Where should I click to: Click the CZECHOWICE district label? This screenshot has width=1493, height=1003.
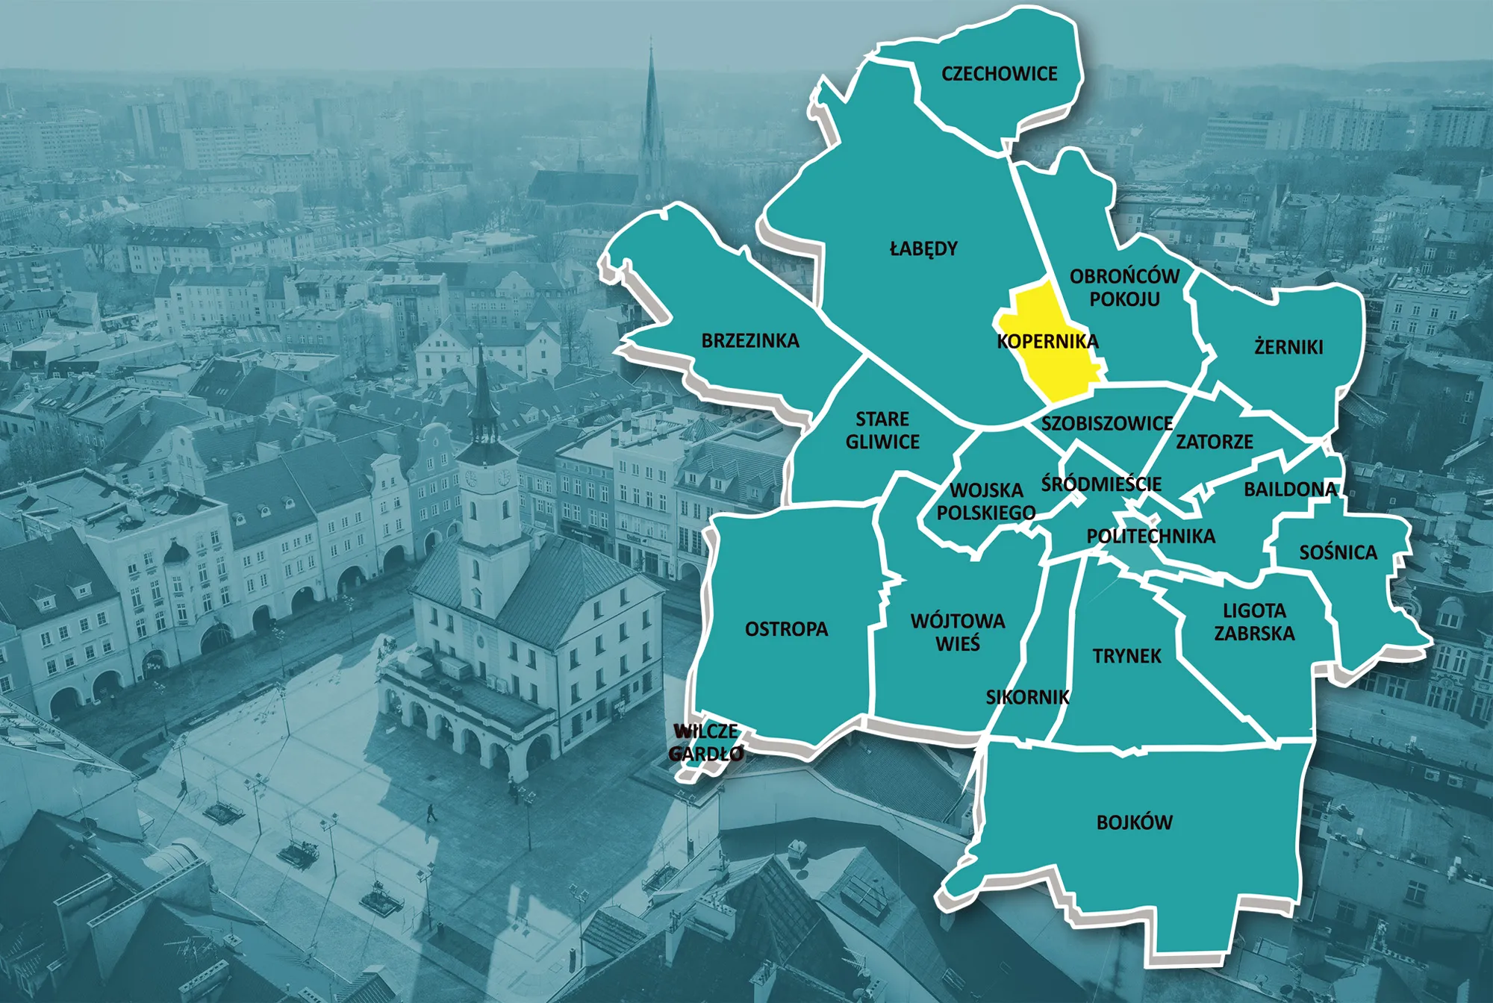tap(999, 74)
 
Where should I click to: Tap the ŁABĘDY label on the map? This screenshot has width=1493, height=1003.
tap(923, 249)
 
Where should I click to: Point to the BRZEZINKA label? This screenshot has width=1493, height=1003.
tap(750, 341)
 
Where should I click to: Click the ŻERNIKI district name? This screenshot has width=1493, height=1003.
tap(1288, 347)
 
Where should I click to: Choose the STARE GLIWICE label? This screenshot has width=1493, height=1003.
tap(882, 431)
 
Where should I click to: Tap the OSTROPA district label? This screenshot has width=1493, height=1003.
tap(786, 629)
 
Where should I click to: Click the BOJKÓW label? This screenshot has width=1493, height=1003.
tap(1134, 822)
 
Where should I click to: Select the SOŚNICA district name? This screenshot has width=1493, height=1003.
tap(1338, 553)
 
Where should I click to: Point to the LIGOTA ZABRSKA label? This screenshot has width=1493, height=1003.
tap(1254, 622)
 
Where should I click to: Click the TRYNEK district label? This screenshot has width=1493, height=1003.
tap(1126, 656)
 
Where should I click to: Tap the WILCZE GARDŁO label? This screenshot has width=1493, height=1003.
tap(706, 743)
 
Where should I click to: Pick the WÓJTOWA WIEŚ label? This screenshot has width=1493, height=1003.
tap(958, 632)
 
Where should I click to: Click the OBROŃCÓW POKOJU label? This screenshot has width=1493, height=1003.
tap(1124, 287)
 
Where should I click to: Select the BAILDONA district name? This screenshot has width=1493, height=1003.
tap(1290, 490)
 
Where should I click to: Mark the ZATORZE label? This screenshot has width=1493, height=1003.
tap(1215, 442)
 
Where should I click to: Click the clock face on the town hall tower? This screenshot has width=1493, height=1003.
tap(472, 478)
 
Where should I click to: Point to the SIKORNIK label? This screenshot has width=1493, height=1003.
tap(1027, 697)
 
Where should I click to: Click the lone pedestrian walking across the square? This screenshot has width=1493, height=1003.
tap(431, 813)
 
